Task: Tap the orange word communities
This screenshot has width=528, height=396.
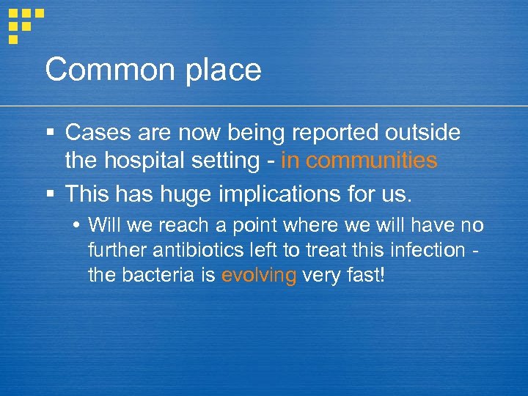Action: tap(372, 160)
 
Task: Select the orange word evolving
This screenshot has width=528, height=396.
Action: tap(258, 276)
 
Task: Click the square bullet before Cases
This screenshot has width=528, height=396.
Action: tap(50, 133)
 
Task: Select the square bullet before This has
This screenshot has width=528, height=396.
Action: tap(50, 194)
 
